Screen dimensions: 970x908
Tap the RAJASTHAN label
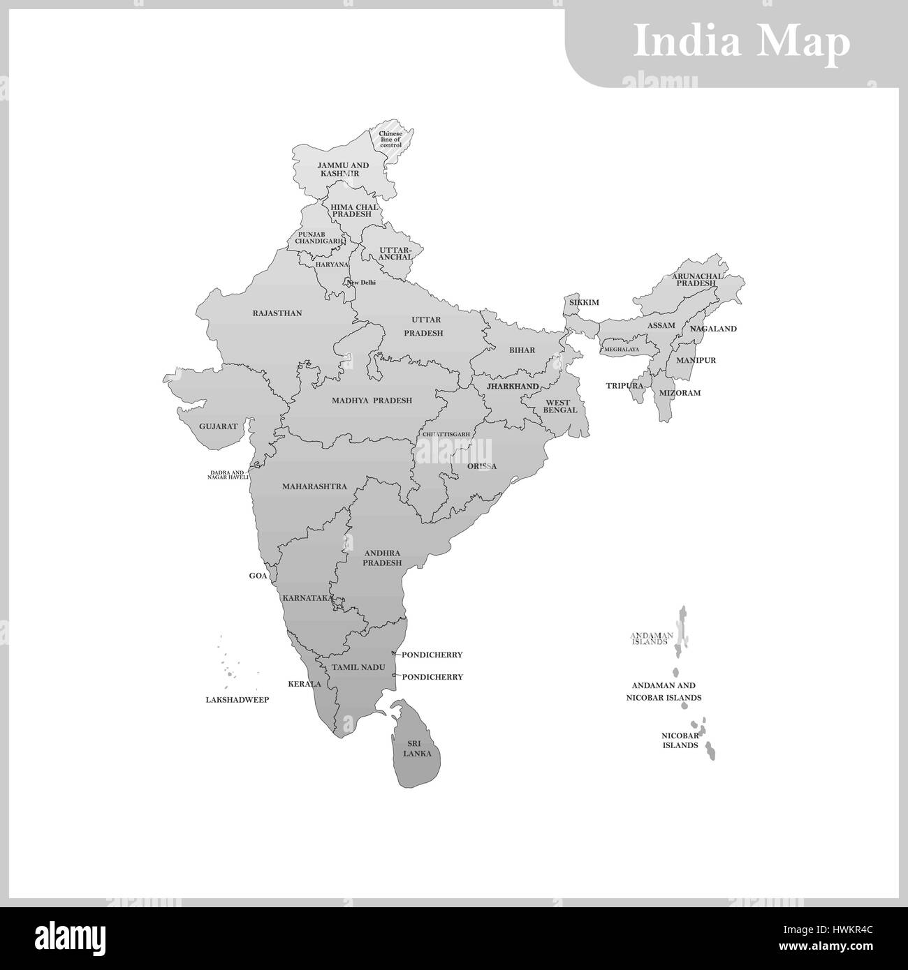click(x=277, y=313)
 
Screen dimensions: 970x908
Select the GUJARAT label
click(x=218, y=426)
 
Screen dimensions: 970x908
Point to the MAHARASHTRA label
click(x=314, y=486)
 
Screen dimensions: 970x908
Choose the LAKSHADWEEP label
click(x=237, y=699)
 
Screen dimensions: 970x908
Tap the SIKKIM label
click(x=584, y=303)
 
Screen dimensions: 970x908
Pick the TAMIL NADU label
click(x=358, y=667)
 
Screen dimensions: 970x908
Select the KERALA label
click(x=305, y=684)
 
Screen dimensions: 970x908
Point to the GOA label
click(x=258, y=576)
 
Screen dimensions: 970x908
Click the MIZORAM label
click(x=680, y=393)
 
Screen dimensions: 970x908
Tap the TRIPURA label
click(x=624, y=385)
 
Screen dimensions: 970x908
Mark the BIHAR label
click(x=522, y=350)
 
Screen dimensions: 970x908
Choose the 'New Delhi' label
click(x=362, y=282)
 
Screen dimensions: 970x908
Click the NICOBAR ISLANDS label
click(x=680, y=740)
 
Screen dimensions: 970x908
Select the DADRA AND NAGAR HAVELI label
click(x=229, y=475)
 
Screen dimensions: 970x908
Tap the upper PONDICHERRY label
click(x=432, y=655)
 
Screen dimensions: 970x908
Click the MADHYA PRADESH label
click(x=372, y=401)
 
